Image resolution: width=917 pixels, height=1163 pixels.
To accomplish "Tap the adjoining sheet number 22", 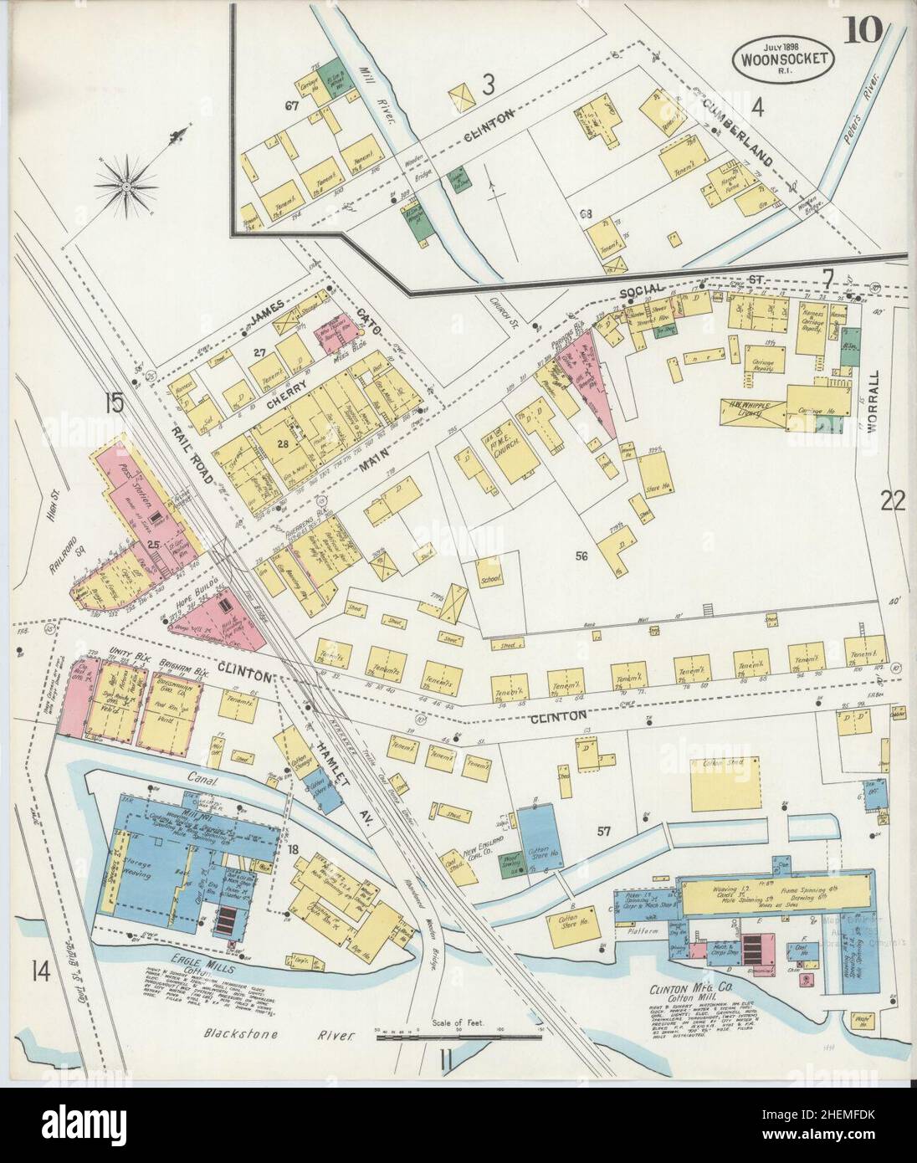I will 893,501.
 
